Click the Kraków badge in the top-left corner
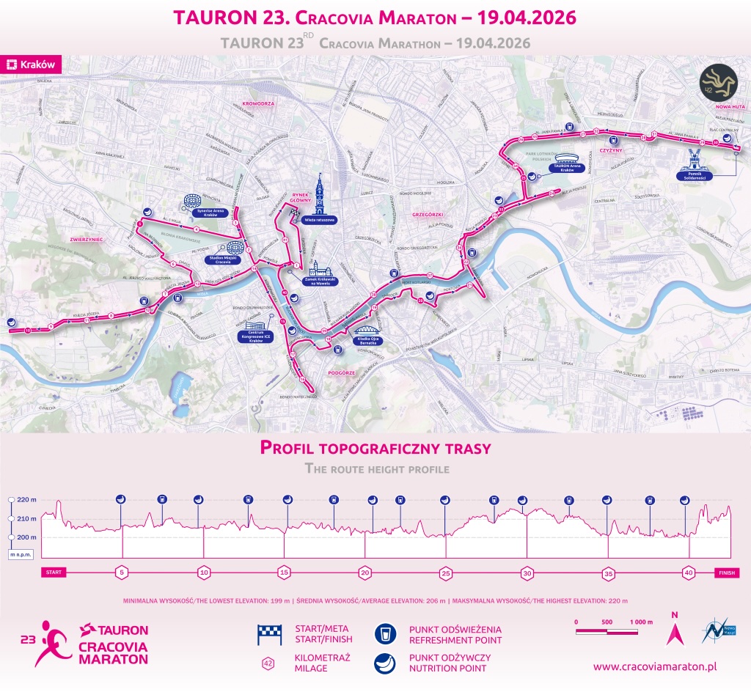[x=31, y=65]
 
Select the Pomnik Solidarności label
[x=693, y=176]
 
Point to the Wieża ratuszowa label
[x=319, y=219]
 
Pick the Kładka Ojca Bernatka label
[x=367, y=340]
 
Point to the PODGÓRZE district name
[x=342, y=372]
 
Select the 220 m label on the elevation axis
[x=26, y=500]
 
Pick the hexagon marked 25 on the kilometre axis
[x=446, y=573]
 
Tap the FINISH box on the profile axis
[x=727, y=573]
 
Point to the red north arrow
[x=674, y=630]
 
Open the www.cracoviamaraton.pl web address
[x=654, y=666]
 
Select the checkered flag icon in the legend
[x=269, y=635]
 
